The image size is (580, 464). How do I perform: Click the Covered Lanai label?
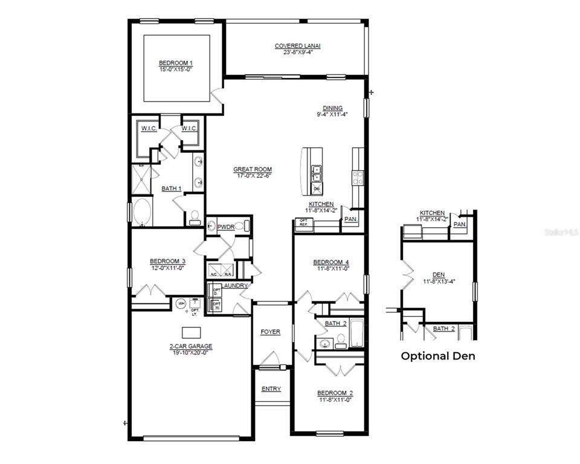pos(297,45)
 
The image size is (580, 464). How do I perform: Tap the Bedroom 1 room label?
pos(175,63)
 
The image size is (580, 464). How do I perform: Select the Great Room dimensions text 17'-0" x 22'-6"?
pos(253,176)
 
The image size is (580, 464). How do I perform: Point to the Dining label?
pos(332,108)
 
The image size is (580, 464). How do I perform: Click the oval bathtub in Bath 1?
pos(143,212)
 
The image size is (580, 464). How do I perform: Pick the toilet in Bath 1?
pos(195,216)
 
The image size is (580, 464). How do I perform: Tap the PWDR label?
pos(226,227)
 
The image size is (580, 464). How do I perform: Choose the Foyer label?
pos(270,332)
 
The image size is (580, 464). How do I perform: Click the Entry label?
pos(271,388)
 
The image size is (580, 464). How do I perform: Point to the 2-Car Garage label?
pos(191,347)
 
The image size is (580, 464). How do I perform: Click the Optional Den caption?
pos(438,356)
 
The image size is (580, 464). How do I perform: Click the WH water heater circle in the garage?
pos(181,303)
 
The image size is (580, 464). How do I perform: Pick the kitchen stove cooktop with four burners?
pos(358,177)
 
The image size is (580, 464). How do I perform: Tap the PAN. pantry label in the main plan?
pos(350,219)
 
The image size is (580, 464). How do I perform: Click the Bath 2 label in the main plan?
pos(335,324)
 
